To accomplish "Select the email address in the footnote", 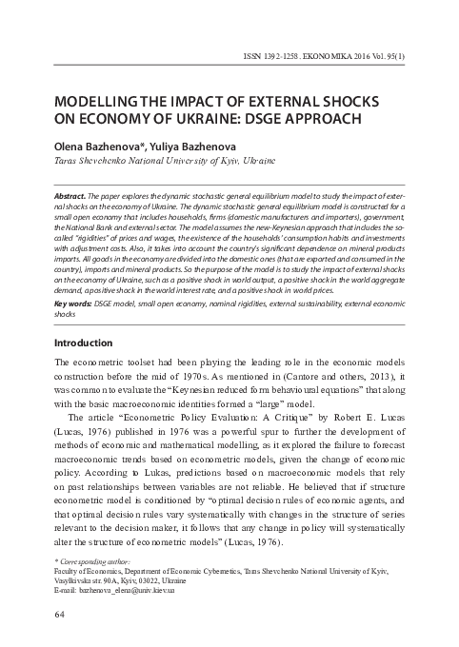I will tap(128, 590).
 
